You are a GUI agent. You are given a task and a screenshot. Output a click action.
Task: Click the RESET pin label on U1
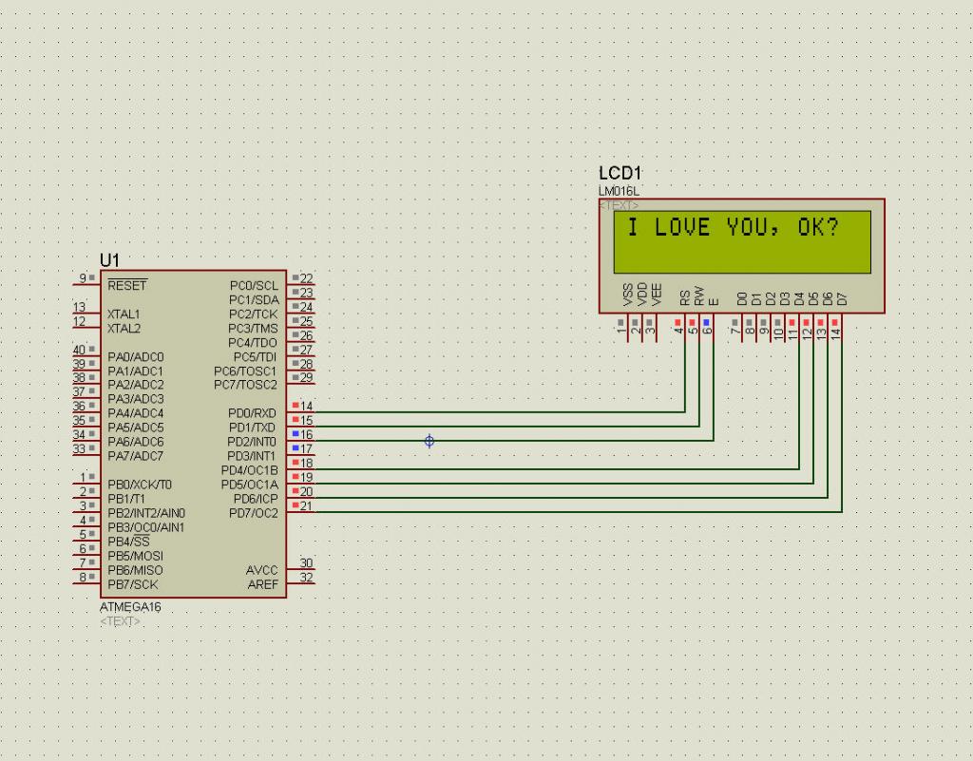pyautogui.click(x=127, y=285)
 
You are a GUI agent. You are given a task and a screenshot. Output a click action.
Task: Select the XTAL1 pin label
pyautogui.click(x=124, y=314)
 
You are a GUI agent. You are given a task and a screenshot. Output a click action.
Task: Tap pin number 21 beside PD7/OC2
pyautogui.click(x=306, y=505)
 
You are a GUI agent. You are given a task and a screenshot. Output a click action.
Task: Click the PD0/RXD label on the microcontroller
pyautogui.click(x=252, y=413)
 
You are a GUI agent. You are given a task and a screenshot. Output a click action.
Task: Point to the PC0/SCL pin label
pyautogui.click(x=254, y=285)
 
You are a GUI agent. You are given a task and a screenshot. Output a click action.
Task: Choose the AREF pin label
pyautogui.click(x=262, y=584)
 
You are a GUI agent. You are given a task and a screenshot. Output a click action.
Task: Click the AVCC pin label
pyautogui.click(x=262, y=570)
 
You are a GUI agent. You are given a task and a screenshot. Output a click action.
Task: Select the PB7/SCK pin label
pyautogui.click(x=133, y=584)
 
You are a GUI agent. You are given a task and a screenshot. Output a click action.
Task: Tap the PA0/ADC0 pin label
pyautogui.click(x=135, y=356)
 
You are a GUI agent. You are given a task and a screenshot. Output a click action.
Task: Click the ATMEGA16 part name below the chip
pyautogui.click(x=130, y=607)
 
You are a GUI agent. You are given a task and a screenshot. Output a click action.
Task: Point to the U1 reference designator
pyautogui.click(x=109, y=260)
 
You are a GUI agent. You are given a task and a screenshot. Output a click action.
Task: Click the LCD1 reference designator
pyautogui.click(x=620, y=173)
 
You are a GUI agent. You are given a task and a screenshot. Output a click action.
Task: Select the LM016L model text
pyautogui.click(x=619, y=191)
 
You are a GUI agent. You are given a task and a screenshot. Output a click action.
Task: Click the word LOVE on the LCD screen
pyautogui.click(x=682, y=228)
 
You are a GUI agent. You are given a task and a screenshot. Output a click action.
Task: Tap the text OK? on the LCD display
pyautogui.click(x=818, y=228)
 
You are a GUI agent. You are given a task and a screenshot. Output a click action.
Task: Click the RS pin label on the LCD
pyautogui.click(x=684, y=297)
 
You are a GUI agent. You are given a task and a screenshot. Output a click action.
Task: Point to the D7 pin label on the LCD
pyautogui.click(x=842, y=298)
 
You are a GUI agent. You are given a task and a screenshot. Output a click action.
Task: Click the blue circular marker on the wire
pyautogui.click(x=429, y=441)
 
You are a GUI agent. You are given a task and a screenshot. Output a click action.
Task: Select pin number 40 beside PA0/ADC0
pyautogui.click(x=79, y=350)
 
